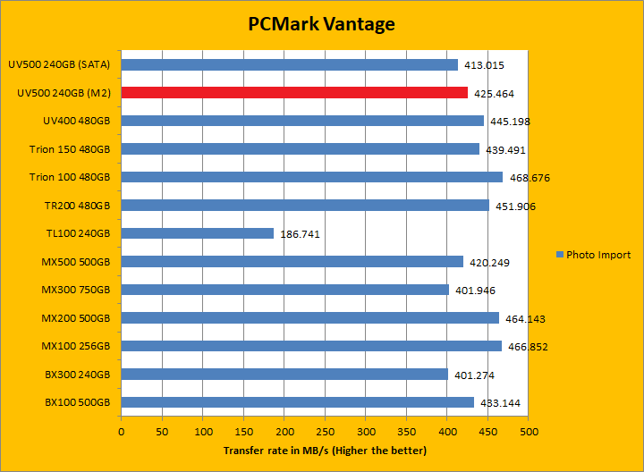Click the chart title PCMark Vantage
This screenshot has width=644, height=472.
[321, 24]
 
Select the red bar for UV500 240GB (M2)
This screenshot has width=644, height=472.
[294, 92]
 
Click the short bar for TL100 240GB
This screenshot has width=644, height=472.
[197, 233]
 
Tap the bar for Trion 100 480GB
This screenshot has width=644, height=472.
[311, 177]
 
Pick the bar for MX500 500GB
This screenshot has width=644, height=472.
[292, 262]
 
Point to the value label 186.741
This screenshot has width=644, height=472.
[299, 234]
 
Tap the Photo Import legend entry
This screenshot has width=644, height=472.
[593, 255]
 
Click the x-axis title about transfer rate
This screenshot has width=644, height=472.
[325, 451]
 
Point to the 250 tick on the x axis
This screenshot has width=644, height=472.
[325, 431]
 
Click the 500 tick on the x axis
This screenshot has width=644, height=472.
[529, 431]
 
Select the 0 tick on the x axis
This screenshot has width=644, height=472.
[121, 431]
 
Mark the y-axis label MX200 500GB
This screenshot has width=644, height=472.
[75, 318]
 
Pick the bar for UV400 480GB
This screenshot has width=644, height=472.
[302, 121]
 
